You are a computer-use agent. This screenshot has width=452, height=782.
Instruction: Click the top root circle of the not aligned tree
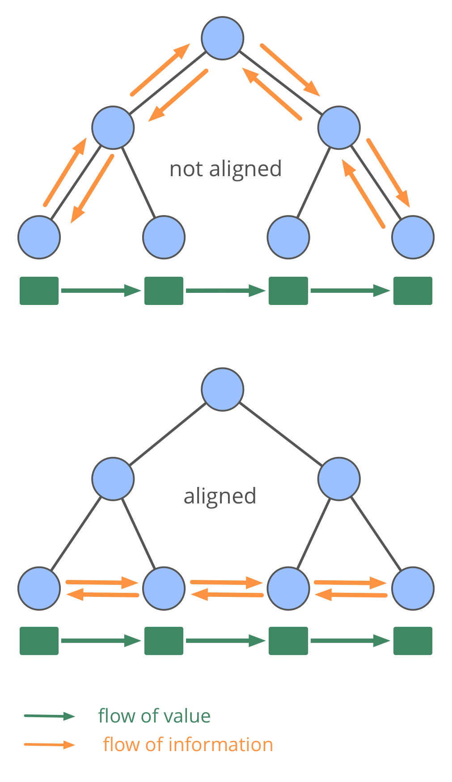click(222, 38)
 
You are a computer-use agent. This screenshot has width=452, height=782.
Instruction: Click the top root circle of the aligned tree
click(222, 389)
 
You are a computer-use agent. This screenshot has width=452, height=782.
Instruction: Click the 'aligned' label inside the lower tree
click(220, 496)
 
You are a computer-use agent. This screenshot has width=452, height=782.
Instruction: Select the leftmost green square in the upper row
click(39, 291)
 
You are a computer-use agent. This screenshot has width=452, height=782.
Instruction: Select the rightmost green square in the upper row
click(413, 291)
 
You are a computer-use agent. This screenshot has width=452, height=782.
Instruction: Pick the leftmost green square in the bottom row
click(39, 641)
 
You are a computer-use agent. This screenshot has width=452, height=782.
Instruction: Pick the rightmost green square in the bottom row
click(413, 641)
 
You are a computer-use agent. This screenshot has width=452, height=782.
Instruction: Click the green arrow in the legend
click(49, 716)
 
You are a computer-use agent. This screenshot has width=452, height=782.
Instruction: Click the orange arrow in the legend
click(49, 744)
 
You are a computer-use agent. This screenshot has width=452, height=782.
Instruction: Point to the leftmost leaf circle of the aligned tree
click(39, 588)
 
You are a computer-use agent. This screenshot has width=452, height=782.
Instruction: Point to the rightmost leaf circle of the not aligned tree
click(413, 237)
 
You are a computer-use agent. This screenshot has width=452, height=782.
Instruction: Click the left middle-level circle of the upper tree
click(113, 127)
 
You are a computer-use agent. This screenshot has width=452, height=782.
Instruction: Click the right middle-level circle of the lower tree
click(339, 478)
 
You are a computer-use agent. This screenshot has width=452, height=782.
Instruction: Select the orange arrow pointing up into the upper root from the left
click(160, 70)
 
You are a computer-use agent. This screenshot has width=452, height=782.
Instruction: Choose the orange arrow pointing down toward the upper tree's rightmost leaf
click(388, 173)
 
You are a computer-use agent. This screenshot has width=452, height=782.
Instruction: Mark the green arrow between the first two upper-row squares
click(101, 291)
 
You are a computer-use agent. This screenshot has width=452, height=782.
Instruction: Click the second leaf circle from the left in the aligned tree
click(164, 588)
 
